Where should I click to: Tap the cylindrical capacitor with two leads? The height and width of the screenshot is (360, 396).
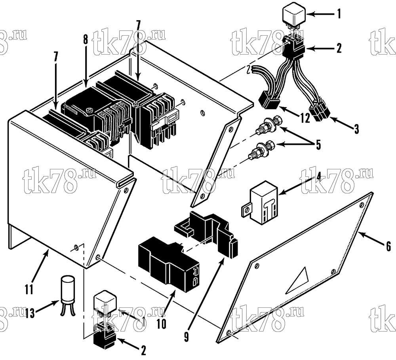point(68,295)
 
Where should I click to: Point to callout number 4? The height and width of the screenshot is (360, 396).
point(319,177)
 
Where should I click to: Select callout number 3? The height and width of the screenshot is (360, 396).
point(356,129)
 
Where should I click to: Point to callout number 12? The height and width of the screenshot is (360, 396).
point(305,117)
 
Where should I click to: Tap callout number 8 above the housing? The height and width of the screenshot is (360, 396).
point(86,40)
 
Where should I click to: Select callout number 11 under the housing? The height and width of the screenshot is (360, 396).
point(29,289)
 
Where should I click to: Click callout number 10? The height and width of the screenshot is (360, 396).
point(162,324)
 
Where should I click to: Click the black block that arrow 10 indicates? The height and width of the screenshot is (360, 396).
point(168,262)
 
